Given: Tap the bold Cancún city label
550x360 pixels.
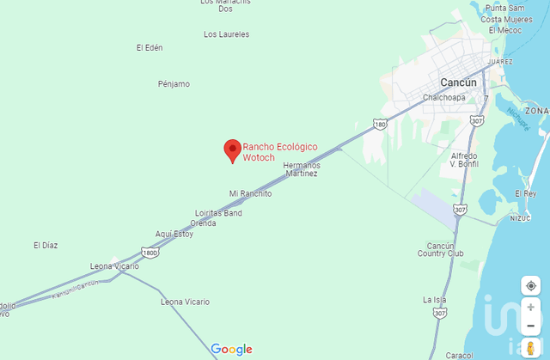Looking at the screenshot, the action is [x=458, y=82].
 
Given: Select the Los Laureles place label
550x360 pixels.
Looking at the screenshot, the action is [x=227, y=34].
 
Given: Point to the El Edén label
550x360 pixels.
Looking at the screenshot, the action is [x=150, y=47].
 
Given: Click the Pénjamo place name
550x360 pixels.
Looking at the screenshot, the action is [x=174, y=84].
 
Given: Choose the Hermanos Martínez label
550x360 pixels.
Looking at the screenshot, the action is [x=301, y=169].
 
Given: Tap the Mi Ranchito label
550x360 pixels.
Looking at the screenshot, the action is [x=250, y=193].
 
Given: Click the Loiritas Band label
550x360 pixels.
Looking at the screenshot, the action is [x=218, y=213].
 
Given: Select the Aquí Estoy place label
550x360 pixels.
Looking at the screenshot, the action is [x=174, y=234].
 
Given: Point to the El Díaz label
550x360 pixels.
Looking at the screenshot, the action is [x=46, y=246].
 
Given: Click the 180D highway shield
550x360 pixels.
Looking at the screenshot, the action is [x=150, y=253].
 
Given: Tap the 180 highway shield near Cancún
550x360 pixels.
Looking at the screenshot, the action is [x=380, y=125].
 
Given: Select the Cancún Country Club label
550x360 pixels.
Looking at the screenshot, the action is [x=440, y=250].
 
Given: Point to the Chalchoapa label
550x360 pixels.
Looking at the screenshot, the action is [x=444, y=97].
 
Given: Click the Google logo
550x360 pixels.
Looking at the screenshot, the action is [x=232, y=350].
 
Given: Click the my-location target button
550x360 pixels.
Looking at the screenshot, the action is [x=531, y=285].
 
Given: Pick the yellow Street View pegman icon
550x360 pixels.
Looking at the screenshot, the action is [x=531, y=346].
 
